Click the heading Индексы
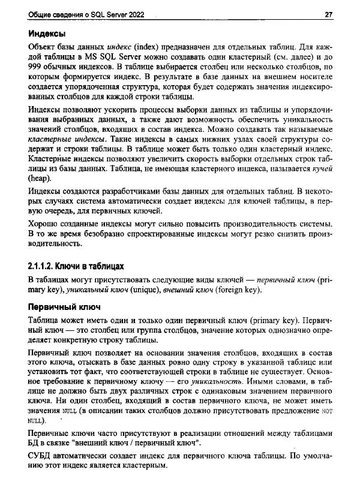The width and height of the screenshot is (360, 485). click(x=47, y=33)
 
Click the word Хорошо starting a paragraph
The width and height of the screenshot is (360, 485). click(x=46, y=223)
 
